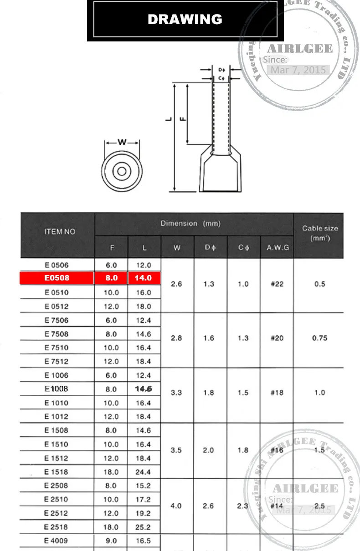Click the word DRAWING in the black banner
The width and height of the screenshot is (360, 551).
pos(185,20)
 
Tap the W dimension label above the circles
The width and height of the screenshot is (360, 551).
pos(122,142)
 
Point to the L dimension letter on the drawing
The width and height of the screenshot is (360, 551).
pos(169,119)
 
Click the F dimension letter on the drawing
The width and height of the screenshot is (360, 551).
pos(183,119)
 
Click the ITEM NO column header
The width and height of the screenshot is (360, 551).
pos(60,231)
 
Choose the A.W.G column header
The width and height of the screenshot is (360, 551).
pos(278,247)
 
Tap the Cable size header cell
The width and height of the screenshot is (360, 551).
pos(320,233)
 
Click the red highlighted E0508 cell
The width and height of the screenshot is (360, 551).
pos(57,278)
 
